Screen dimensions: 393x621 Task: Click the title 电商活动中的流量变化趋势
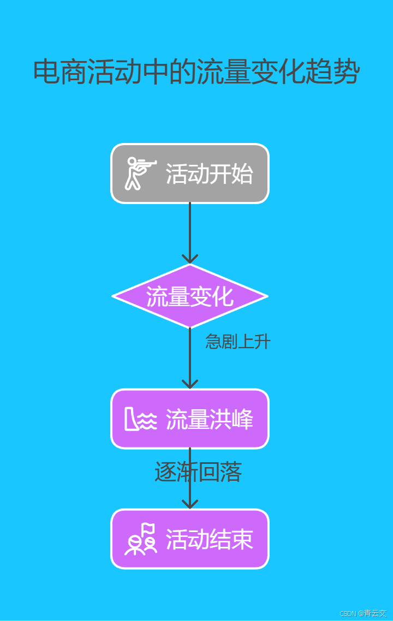coord(196,72)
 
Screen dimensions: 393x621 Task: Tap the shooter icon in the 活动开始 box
coord(140,174)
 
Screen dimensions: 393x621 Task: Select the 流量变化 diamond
coord(190,296)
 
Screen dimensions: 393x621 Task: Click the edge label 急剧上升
coord(237,342)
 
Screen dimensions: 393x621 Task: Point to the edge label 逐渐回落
coord(198,473)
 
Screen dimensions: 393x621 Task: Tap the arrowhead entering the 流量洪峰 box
coord(190,383)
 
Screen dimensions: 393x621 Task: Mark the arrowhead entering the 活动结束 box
coord(190,503)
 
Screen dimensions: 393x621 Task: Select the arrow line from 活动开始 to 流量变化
coord(190,229)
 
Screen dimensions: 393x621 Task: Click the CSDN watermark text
coord(363,613)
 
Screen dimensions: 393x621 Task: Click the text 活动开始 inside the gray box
coord(209,174)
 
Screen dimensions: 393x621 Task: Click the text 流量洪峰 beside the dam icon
coord(209,419)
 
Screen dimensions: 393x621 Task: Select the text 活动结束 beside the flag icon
coord(209,539)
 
